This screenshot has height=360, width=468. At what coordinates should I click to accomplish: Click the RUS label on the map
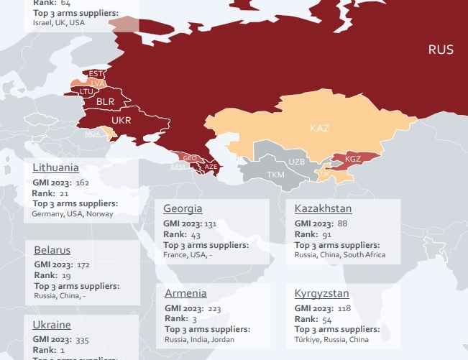coord(441,50)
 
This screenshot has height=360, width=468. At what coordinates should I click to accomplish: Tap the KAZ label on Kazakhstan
coord(319,129)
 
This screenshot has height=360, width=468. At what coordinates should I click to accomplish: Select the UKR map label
coord(121,120)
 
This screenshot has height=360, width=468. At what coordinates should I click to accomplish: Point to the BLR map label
coord(105,102)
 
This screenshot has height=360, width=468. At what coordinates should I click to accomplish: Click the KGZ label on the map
coord(353,159)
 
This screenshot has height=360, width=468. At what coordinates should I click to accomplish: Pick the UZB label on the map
coord(296,162)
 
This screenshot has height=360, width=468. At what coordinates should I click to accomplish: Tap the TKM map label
coord(275,175)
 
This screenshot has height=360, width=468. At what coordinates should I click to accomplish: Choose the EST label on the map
coord(96,74)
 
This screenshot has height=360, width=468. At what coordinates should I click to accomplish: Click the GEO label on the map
coord(190,158)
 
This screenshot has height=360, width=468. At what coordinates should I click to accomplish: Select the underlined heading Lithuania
coord(55,167)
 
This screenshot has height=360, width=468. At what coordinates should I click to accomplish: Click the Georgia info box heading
coord(183,208)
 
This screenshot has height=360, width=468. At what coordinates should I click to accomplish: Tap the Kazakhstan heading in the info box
coord(323,208)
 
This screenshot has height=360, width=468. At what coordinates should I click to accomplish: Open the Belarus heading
coord(52,250)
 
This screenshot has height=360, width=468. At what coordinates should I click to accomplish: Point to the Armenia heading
coord(185,293)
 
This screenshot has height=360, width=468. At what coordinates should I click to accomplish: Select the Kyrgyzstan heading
coord(321,293)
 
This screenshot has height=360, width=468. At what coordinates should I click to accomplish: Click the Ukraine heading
coord(52,325)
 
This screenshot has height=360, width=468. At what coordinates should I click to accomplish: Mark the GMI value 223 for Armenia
coord(214,308)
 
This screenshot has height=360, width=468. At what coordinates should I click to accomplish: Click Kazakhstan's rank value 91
coord(326,234)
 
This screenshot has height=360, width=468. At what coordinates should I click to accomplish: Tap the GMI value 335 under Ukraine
coord(82,340)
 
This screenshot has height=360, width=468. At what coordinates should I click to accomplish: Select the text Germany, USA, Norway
coord(73,214)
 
